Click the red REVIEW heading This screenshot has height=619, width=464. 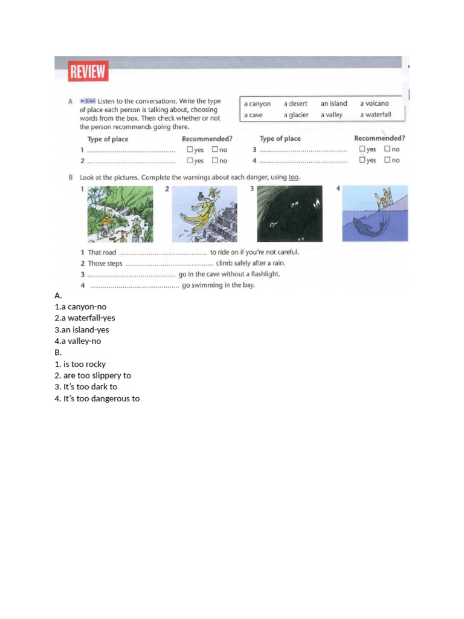pos(88,73)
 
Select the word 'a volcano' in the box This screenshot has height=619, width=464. pos(375,103)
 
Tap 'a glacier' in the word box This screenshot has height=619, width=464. pos(296,115)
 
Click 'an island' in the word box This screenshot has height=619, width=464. pos(333,103)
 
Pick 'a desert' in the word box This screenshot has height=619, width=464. pos(295,103)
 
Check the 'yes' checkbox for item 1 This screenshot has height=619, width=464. pos(190,149)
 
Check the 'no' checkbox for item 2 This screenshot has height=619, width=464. pos(214,161)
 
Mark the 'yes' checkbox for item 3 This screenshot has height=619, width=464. pos(362,149)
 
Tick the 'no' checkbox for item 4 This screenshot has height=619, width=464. pos(387,160)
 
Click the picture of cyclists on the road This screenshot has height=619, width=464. pos(120,213)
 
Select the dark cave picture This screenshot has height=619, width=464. pos(290,213)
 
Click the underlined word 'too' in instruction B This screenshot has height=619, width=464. pos(293,177)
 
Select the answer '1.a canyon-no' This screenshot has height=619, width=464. pos(80,306)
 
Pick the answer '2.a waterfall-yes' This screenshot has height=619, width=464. pos(85,318)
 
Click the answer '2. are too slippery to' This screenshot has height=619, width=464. pos(92,375)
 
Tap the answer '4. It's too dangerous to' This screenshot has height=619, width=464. pos(97,398)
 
